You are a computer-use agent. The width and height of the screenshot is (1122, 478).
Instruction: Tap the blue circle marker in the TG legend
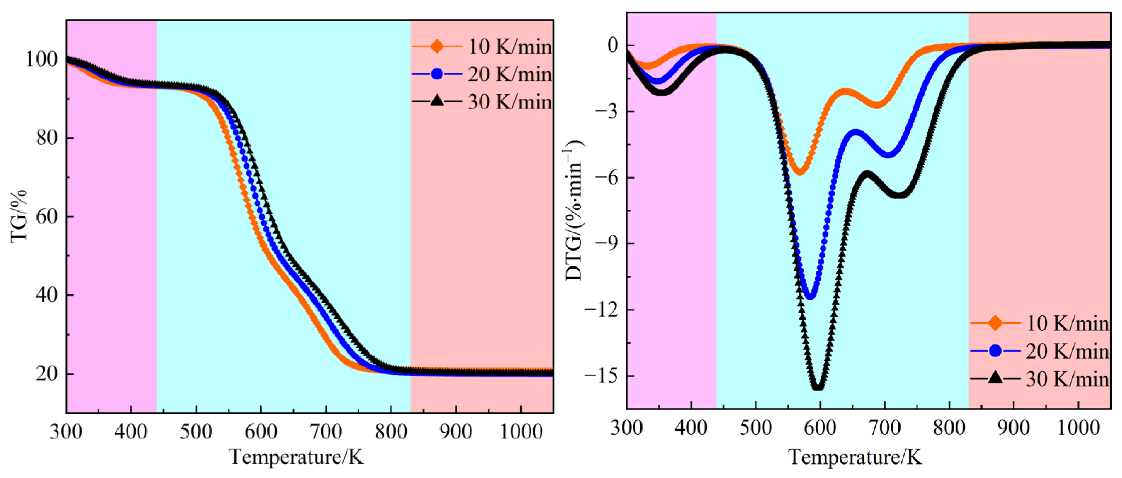click(437, 74)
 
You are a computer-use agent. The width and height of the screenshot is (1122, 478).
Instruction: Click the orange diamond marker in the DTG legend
click(995, 323)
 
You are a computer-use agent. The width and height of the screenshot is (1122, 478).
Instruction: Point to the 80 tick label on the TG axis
click(47, 138)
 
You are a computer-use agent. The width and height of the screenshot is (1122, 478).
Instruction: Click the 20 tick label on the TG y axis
click(47, 374)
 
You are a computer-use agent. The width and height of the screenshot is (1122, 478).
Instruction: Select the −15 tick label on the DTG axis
click(601, 376)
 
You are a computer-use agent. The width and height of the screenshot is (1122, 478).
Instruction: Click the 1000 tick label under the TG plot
click(521, 432)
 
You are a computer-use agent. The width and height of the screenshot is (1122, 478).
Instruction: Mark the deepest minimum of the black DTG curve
click(818, 387)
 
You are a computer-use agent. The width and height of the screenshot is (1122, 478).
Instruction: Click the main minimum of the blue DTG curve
click(811, 297)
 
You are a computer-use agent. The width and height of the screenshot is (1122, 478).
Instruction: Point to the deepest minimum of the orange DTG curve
click(800, 172)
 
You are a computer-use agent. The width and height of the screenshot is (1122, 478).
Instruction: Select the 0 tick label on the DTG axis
click(613, 45)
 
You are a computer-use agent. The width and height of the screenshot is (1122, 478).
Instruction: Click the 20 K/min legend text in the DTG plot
click(1067, 351)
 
